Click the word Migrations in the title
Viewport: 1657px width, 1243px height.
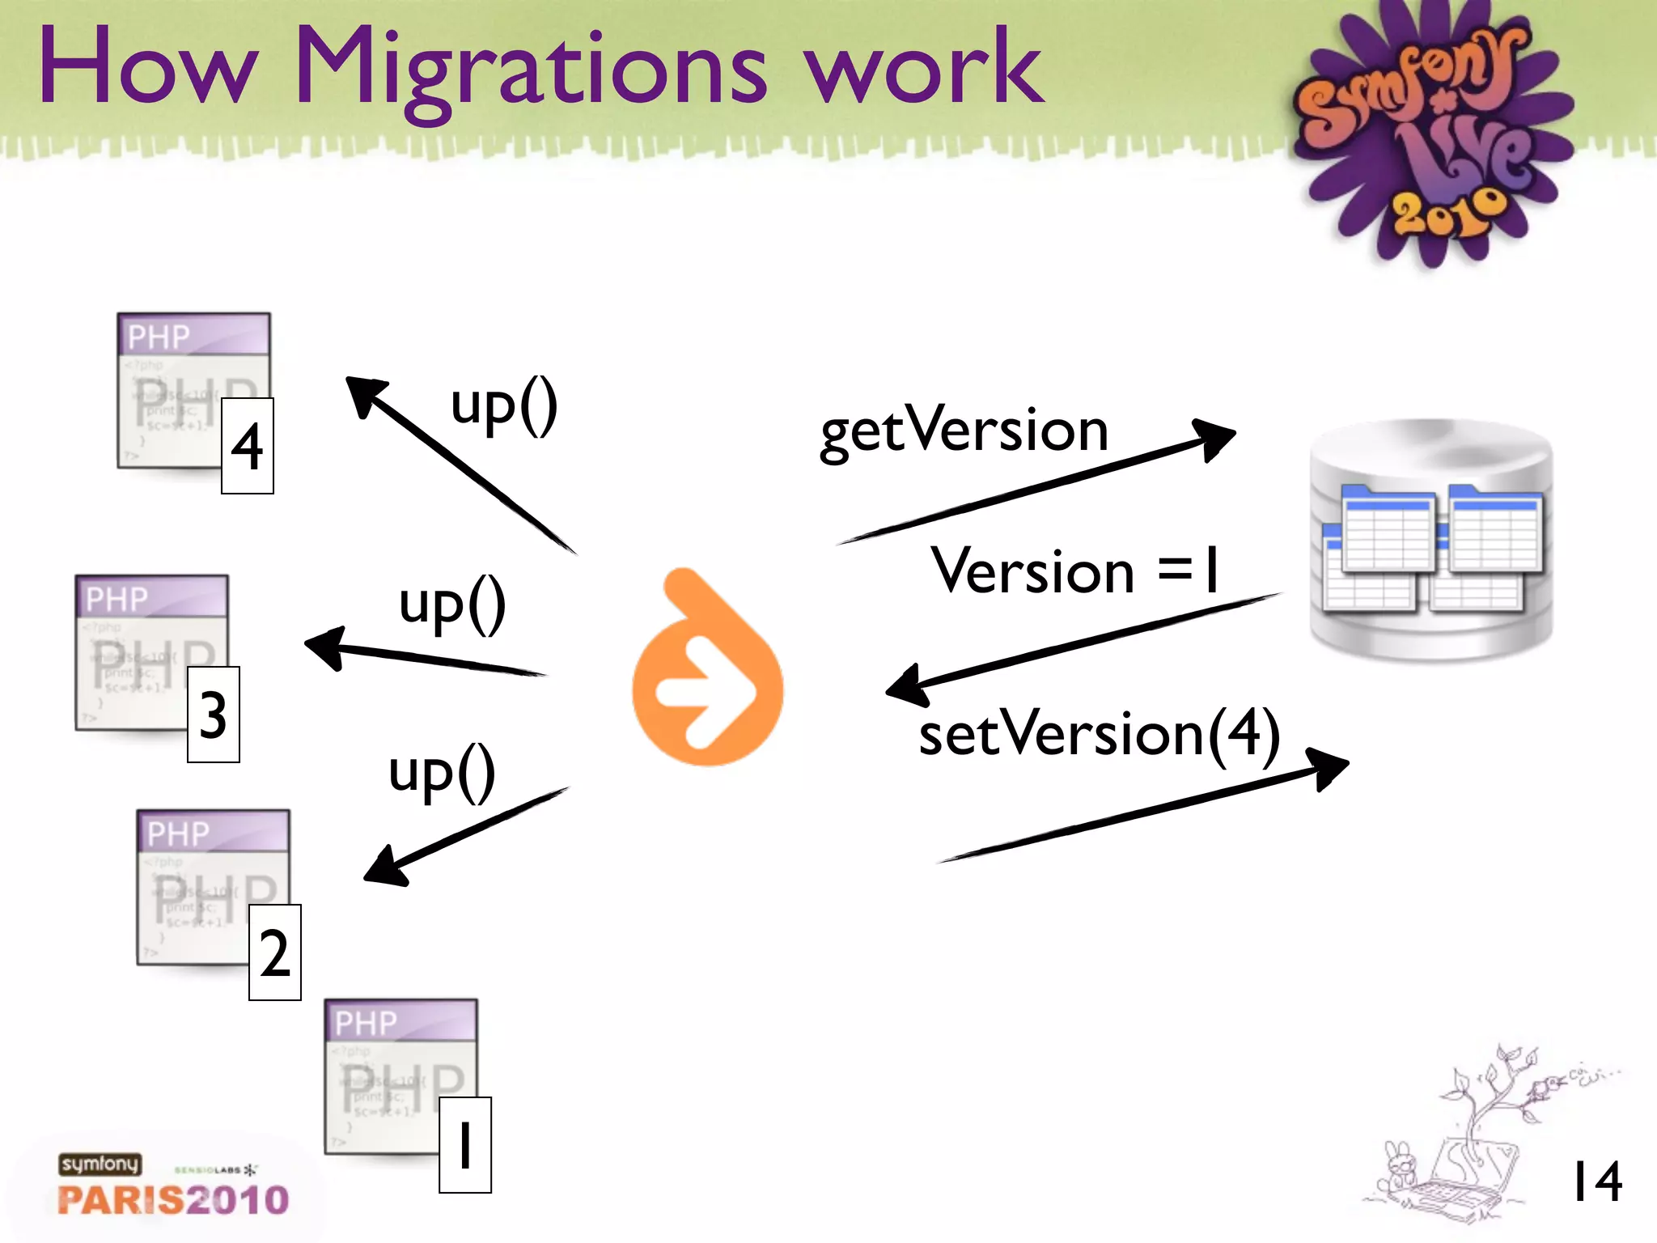[530, 69]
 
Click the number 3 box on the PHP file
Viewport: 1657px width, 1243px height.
[213, 715]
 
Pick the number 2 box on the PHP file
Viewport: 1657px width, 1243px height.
[274, 952]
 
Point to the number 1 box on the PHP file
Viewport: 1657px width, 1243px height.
[464, 1145]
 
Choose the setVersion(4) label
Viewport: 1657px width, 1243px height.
[1099, 733]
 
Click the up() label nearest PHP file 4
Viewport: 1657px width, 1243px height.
[504, 406]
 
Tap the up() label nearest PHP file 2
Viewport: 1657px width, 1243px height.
[442, 773]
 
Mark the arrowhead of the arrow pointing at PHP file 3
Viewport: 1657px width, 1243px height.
[325, 647]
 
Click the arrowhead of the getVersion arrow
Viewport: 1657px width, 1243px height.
[1214, 437]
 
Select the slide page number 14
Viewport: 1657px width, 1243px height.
[1596, 1182]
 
